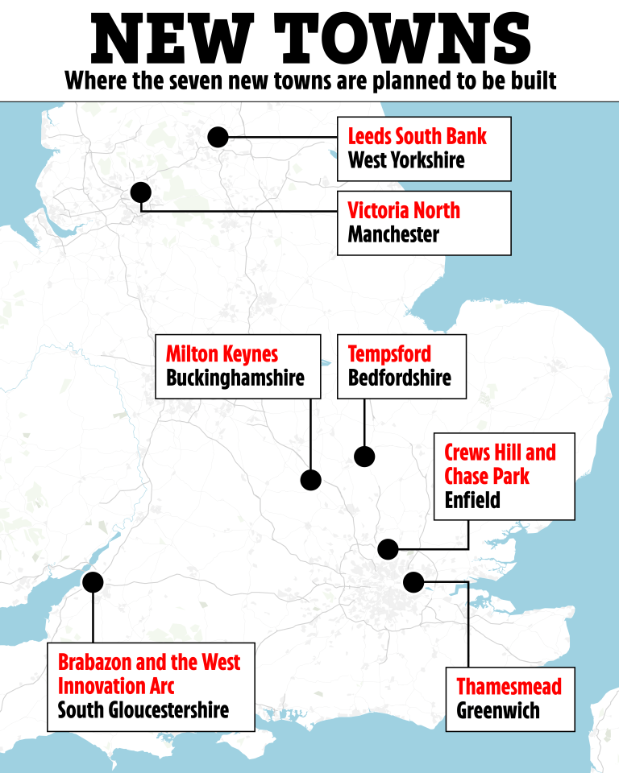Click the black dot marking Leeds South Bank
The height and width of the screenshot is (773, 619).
[218, 137]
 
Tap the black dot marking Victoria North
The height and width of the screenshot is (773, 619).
[141, 192]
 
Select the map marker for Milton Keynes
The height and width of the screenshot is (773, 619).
[311, 480]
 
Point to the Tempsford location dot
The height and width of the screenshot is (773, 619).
[364, 457]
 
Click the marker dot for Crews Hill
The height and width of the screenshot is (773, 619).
[388, 549]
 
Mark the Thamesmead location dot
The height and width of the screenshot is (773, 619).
[413, 581]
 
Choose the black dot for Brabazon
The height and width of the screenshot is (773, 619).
[93, 581]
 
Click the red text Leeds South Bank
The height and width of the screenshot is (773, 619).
[417, 135]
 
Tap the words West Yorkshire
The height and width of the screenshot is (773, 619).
[406, 159]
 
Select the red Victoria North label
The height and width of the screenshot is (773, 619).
[404, 211]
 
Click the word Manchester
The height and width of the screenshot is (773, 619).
[393, 235]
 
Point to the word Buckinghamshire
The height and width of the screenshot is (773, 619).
[235, 378]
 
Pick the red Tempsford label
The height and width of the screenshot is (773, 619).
[389, 353]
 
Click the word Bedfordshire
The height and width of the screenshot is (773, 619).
[399, 378]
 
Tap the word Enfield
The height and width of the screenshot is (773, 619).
[472, 500]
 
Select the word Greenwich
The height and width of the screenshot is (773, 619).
[498, 711]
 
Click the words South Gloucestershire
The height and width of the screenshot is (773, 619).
[143, 710]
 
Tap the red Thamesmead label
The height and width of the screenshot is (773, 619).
[509, 687]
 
